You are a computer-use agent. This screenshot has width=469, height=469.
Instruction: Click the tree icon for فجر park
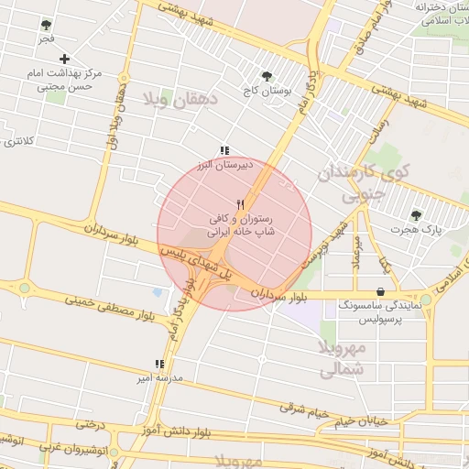[x=46, y=26]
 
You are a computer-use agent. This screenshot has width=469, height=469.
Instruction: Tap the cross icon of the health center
[x=64, y=59]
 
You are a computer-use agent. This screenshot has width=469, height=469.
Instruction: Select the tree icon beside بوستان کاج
[x=267, y=77]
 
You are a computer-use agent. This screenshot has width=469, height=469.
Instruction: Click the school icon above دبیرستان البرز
[x=224, y=151]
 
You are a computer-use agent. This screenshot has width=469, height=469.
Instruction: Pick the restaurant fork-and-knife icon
[x=241, y=203]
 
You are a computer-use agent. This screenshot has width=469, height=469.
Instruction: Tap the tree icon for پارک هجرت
[x=416, y=215]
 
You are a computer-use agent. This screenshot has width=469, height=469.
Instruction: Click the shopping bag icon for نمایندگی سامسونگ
[x=380, y=291]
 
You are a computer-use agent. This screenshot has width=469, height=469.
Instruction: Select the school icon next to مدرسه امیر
[x=160, y=364]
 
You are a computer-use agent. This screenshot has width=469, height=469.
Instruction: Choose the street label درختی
[x=91, y=425]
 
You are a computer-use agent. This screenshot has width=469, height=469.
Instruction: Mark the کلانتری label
[x=18, y=140]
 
